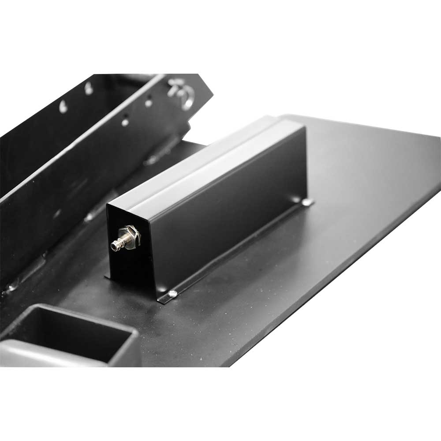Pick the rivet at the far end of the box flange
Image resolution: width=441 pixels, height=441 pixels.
[306, 202]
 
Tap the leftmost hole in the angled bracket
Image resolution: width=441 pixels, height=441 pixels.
[64, 107]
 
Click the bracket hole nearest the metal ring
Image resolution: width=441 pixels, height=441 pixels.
[149, 103]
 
